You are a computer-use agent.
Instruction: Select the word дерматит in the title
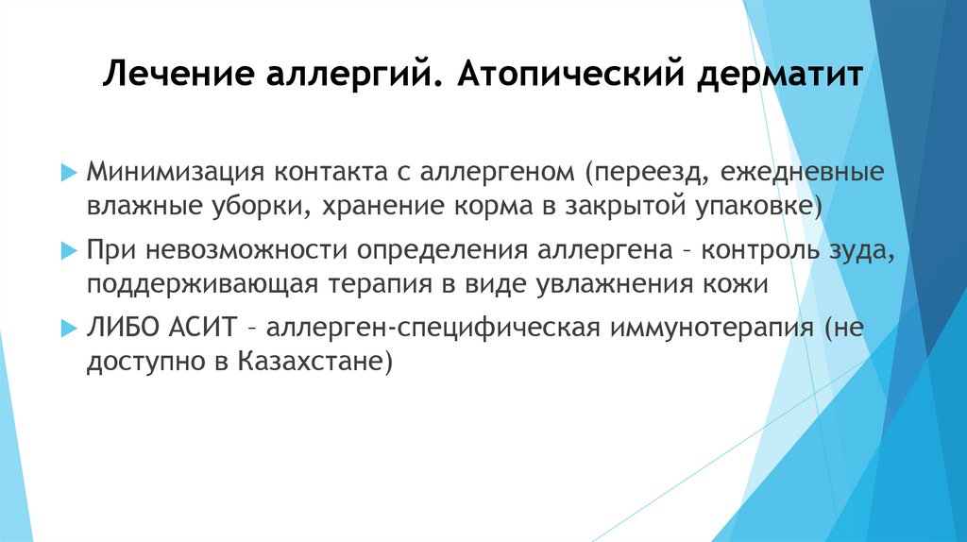click(780, 74)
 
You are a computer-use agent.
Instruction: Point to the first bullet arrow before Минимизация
click(67, 174)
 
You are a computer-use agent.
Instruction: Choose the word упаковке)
click(758, 206)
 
